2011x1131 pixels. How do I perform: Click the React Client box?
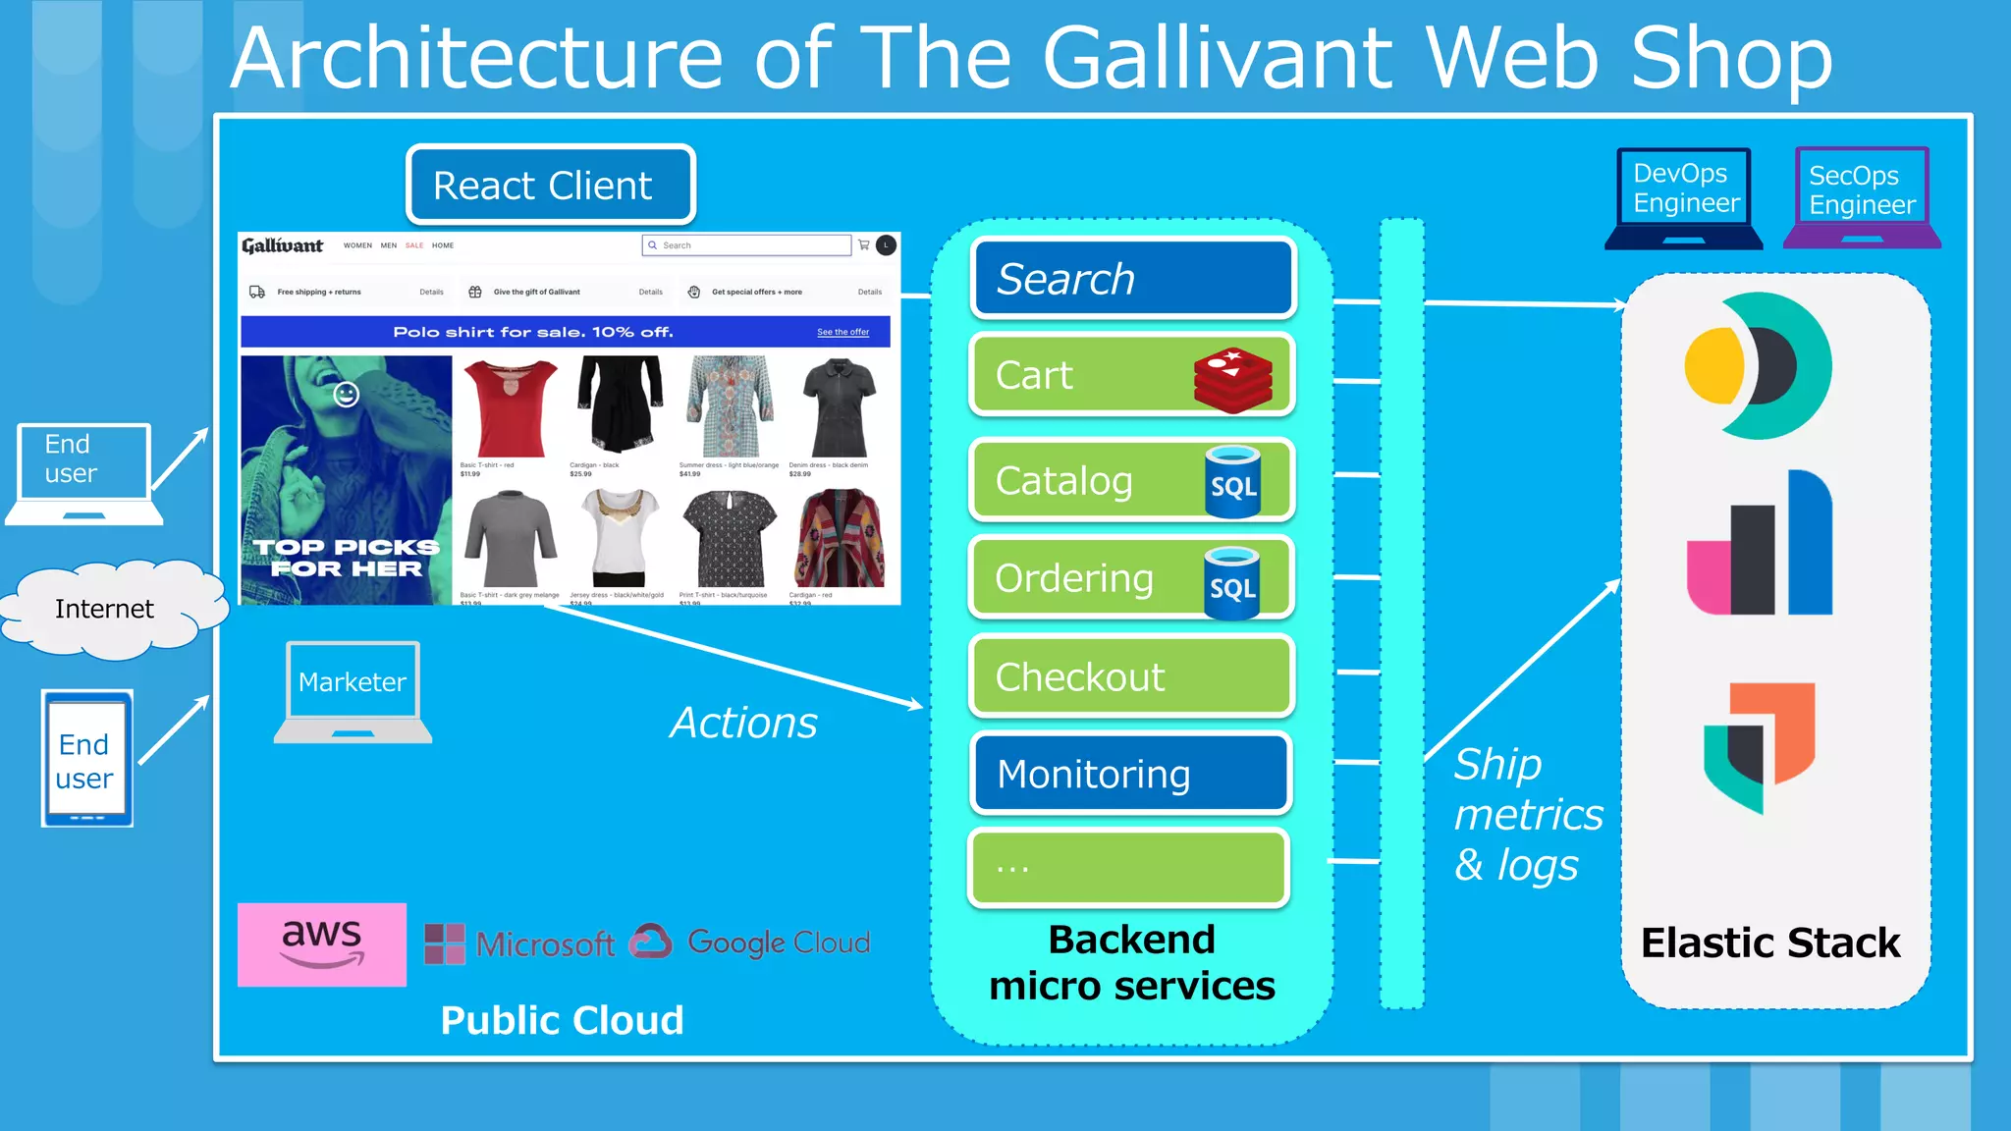coord(550,185)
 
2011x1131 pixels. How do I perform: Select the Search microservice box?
coord(1132,279)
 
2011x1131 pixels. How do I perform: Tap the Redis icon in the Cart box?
coord(1233,379)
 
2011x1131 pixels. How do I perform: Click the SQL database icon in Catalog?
coord(1233,481)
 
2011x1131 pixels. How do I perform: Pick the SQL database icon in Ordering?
coord(1232,583)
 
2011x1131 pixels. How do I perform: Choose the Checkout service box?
coord(1130,676)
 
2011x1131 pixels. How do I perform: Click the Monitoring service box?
coord(1130,774)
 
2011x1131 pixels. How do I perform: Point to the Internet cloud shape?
coord(106,609)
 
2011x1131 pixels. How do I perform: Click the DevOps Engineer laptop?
coord(1684,196)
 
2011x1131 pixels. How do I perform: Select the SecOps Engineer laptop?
coord(1861,196)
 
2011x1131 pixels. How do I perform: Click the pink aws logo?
coord(322,943)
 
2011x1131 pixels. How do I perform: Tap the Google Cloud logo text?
coord(778,942)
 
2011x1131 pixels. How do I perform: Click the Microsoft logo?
coord(520,943)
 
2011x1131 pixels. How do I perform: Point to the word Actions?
coord(743,723)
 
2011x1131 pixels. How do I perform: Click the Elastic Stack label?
coord(1770,942)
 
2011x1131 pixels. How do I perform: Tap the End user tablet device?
coord(86,758)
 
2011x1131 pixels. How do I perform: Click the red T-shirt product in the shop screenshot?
coord(510,407)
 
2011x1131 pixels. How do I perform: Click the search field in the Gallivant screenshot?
coord(747,245)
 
